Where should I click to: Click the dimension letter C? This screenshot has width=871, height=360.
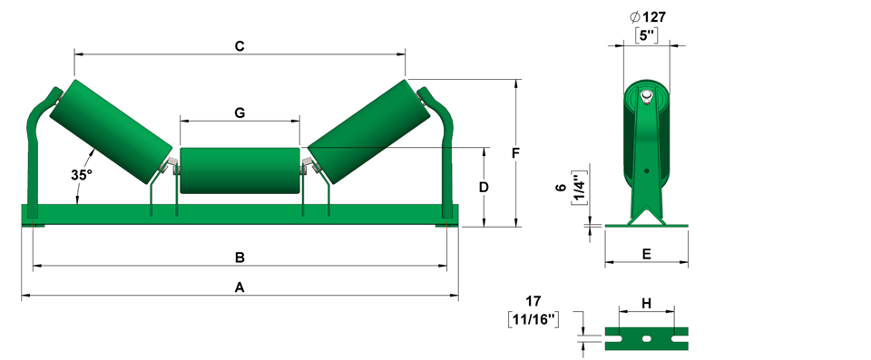[240, 46]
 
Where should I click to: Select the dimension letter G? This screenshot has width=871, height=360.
[240, 112]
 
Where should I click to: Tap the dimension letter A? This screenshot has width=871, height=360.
[240, 287]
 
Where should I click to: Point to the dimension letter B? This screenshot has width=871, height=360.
[240, 258]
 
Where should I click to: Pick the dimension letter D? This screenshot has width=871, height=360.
[484, 188]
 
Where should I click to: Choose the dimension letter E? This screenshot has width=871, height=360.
[646, 254]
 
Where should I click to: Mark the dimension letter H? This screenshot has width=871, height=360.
[646, 303]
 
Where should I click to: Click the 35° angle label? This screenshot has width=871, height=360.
[81, 174]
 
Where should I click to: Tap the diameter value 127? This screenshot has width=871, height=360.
[654, 17]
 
